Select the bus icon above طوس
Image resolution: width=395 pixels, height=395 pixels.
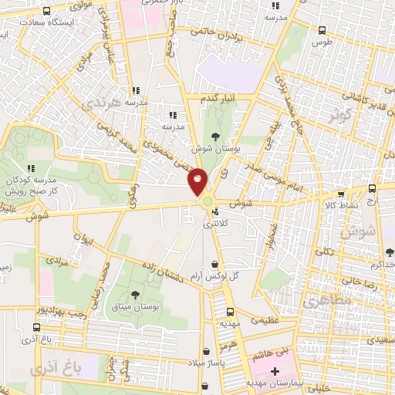[x=322, y=30]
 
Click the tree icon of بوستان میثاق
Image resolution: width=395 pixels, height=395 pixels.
[x=136, y=295]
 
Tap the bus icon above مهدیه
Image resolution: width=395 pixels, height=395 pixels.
[x=229, y=312]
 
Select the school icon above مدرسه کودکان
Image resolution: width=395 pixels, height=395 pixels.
[x=31, y=167]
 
